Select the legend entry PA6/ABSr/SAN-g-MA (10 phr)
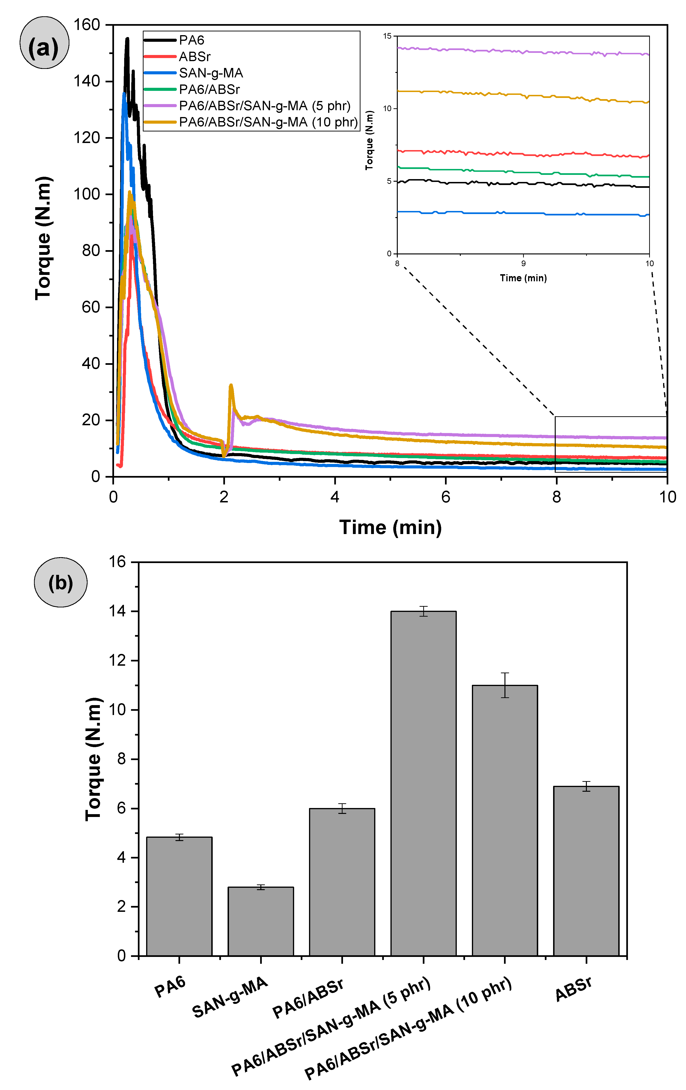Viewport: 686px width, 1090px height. [268, 122]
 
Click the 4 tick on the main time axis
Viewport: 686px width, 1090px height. [335, 497]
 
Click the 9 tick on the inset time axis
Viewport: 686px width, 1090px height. [523, 263]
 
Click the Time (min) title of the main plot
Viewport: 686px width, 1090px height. [390, 527]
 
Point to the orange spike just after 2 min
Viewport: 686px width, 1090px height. [231, 386]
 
